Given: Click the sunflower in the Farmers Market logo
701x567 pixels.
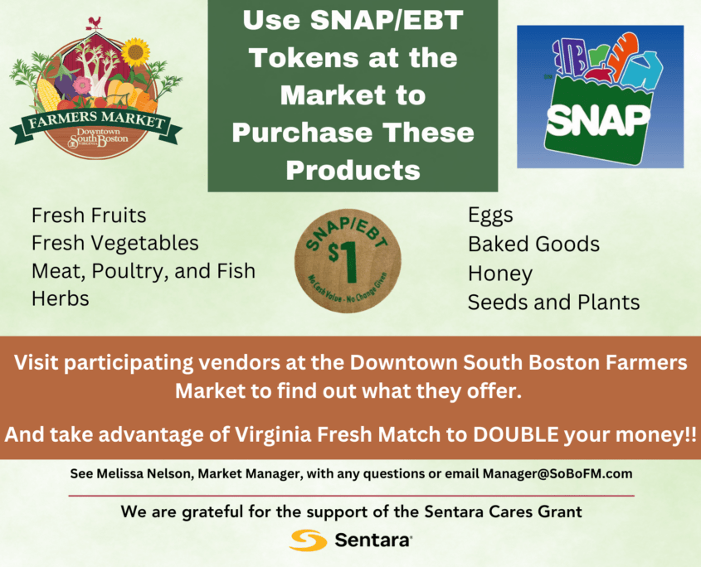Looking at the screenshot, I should tap(134, 52).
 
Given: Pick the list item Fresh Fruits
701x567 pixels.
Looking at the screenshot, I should tap(89, 216).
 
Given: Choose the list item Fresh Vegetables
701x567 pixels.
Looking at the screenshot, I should tap(114, 243).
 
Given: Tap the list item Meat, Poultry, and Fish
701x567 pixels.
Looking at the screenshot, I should tap(143, 271).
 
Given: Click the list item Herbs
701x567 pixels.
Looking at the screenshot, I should tap(61, 299).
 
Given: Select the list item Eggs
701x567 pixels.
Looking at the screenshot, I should tap(490, 216).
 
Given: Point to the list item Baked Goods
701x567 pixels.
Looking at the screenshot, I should tap(533, 245).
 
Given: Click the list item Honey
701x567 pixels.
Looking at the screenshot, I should tap(499, 274).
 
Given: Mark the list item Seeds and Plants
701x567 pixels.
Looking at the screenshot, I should tap(553, 303).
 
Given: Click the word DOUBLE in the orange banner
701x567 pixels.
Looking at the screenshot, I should tap(512, 435).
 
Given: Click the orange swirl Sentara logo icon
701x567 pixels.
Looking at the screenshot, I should tap(309, 540).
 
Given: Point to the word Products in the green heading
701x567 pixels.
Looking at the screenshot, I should tap(352, 170).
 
